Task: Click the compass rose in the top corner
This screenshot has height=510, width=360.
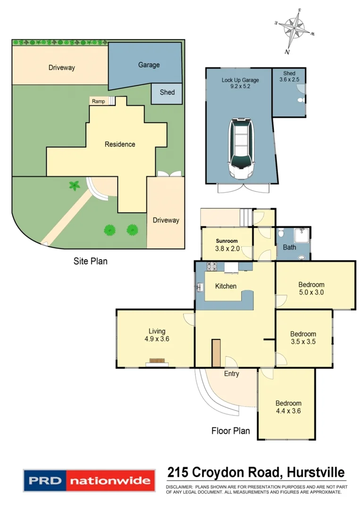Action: [293, 29]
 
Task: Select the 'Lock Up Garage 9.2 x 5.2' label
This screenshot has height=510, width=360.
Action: [240, 84]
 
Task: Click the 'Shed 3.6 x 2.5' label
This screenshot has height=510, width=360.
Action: [289, 77]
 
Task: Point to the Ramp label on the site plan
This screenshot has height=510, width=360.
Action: [98, 101]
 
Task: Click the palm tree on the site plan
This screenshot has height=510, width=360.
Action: [74, 186]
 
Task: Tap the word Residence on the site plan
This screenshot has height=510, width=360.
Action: [120, 144]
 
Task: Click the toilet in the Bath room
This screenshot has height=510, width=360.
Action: [280, 233]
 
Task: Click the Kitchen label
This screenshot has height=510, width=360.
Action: [226, 286]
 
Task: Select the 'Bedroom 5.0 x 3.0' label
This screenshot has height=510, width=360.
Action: [311, 288]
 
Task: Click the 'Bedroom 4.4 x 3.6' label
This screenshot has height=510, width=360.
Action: [288, 407]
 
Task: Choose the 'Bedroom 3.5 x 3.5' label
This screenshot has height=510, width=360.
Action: [302, 338]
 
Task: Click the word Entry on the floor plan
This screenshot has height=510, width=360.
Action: [231, 374]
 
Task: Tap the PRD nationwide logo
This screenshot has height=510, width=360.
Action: [89, 482]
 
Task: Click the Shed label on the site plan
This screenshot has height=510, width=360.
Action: [167, 92]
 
